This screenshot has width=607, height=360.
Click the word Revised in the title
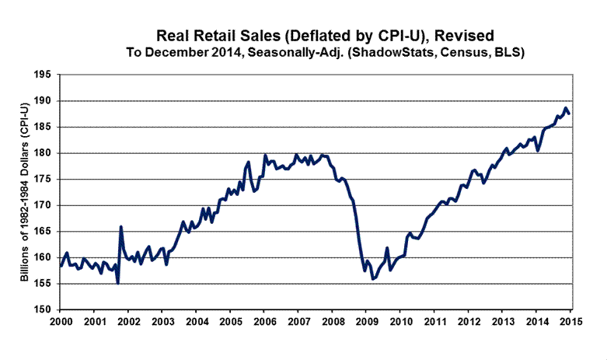click(x=467, y=36)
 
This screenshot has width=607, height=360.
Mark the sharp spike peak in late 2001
click(x=120, y=226)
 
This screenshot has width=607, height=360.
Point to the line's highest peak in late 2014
click(x=566, y=108)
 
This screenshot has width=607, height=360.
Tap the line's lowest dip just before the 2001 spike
click(x=117, y=283)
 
